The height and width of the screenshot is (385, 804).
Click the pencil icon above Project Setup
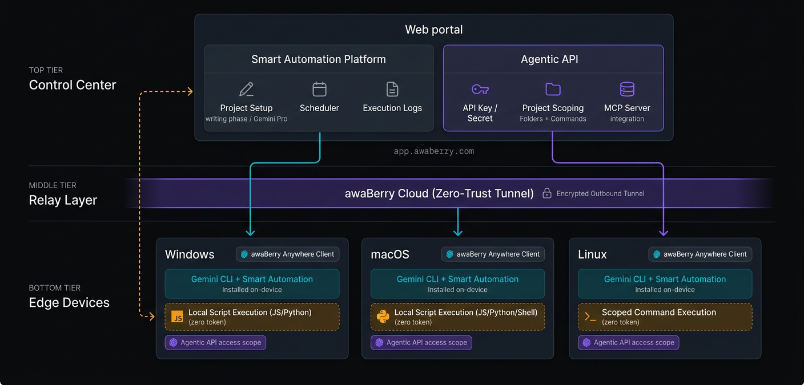point(246,90)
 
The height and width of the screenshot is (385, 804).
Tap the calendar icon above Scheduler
point(319,90)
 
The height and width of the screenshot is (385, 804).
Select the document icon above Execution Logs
point(392,90)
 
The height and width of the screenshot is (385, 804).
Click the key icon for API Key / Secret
point(480,90)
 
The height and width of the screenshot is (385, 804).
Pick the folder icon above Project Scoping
point(553,90)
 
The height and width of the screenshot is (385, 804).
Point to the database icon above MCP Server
point(627,90)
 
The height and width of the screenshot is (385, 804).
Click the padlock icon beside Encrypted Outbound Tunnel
point(546,193)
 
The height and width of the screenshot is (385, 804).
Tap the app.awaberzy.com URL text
point(434,152)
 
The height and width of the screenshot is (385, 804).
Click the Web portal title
point(434,30)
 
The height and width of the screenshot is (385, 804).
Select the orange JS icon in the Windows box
point(177,317)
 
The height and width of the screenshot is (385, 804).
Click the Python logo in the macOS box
point(383,317)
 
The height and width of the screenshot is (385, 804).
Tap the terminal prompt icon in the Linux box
point(590,317)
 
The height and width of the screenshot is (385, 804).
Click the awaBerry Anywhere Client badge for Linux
point(700,254)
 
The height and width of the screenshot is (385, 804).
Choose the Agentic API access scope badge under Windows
point(215,343)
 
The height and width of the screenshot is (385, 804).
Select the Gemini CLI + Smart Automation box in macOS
point(457,283)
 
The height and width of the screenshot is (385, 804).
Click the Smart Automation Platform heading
point(319,59)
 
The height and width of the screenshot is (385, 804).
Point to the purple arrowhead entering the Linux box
point(663,233)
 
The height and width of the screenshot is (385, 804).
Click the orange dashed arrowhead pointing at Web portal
point(190,91)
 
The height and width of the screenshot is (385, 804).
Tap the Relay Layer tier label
point(63,200)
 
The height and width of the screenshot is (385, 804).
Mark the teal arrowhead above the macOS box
point(457,233)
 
